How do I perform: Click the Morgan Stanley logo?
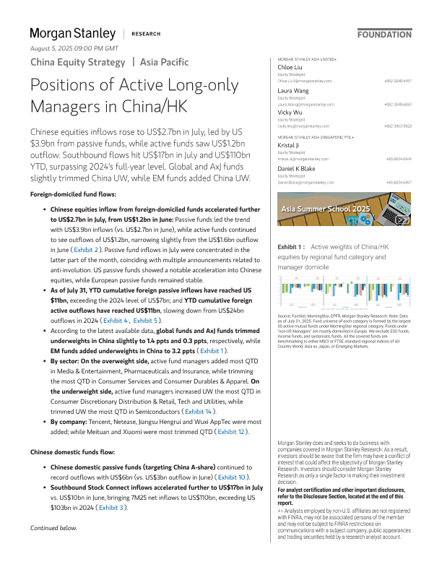coord(72,33)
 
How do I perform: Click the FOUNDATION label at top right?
coord(384,35)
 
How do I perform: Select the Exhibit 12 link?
coord(232,432)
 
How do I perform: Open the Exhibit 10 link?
coord(234,477)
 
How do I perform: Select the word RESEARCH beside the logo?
coord(144,34)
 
